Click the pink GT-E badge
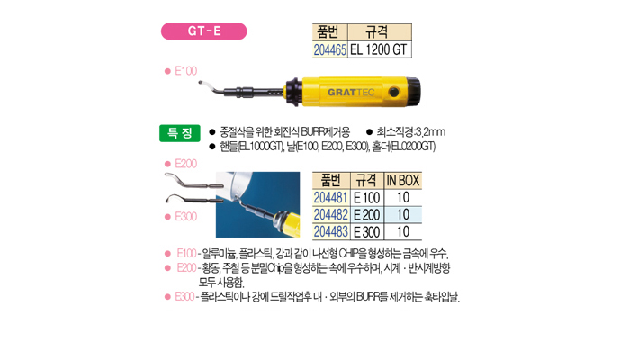(203, 31)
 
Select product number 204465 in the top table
(330, 49)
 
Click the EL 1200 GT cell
(379, 49)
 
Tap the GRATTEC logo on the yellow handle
(351, 92)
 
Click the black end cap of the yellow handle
(414, 92)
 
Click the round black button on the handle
(394, 93)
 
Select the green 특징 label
(180, 133)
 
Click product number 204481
(330, 198)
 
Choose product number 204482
(330, 215)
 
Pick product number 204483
(330, 232)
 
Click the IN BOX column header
(403, 181)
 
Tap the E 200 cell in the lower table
(367, 215)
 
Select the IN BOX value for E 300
(403, 232)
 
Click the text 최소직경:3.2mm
(410, 131)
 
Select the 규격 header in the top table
(377, 31)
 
